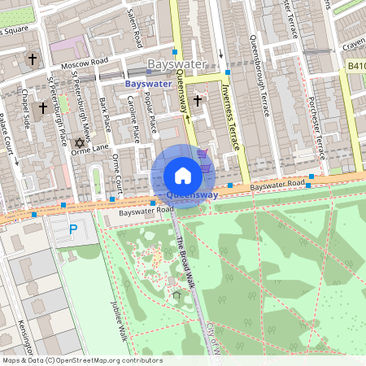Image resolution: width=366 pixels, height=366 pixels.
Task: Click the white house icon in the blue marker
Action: click(183, 176)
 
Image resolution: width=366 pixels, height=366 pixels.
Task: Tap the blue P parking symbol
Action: click(72, 230)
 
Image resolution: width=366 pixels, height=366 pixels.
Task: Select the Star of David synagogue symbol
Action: click(79, 143)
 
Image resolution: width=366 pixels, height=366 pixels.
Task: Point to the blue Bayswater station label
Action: click(147, 84)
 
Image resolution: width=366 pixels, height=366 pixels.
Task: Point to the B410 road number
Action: click(356, 66)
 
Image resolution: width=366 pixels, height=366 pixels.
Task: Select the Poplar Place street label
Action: click(150, 112)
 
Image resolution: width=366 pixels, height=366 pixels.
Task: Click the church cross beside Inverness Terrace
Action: click(198, 101)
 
